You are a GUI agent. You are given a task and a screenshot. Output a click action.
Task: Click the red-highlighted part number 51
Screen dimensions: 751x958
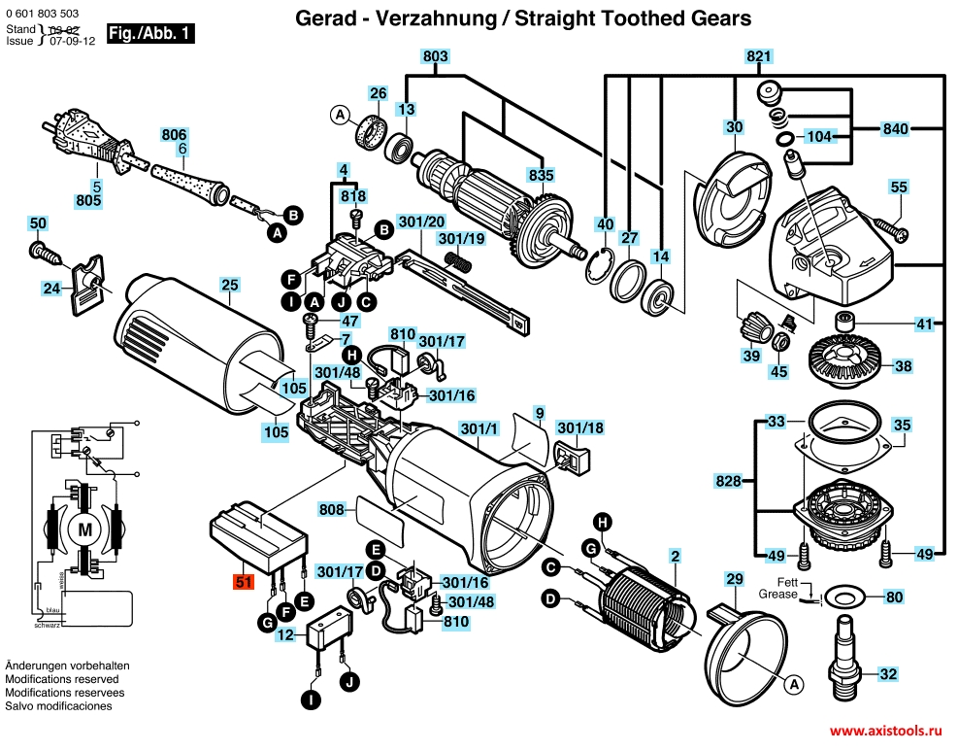(243, 583)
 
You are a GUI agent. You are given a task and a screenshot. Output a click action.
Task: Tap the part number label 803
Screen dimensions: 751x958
(436, 57)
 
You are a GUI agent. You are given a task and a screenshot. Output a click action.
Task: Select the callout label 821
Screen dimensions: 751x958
(759, 57)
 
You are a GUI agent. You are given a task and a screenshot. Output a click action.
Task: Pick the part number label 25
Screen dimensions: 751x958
(229, 285)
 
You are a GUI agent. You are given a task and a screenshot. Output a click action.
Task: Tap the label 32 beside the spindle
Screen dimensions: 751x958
(889, 673)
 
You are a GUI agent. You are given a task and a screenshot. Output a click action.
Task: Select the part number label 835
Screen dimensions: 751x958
(541, 176)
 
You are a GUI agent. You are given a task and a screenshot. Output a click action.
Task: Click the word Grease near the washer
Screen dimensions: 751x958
(777, 593)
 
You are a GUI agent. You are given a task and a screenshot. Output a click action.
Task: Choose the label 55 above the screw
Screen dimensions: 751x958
(899, 187)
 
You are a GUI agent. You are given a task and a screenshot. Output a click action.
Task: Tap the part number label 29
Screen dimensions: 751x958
(735, 579)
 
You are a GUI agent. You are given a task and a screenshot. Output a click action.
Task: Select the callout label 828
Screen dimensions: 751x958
(729, 482)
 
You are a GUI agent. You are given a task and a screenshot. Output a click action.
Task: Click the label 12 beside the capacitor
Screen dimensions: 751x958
(284, 635)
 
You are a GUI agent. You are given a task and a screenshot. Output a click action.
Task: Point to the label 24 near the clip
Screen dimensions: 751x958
(51, 288)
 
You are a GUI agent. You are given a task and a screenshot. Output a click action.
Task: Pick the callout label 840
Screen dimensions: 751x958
(896, 128)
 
